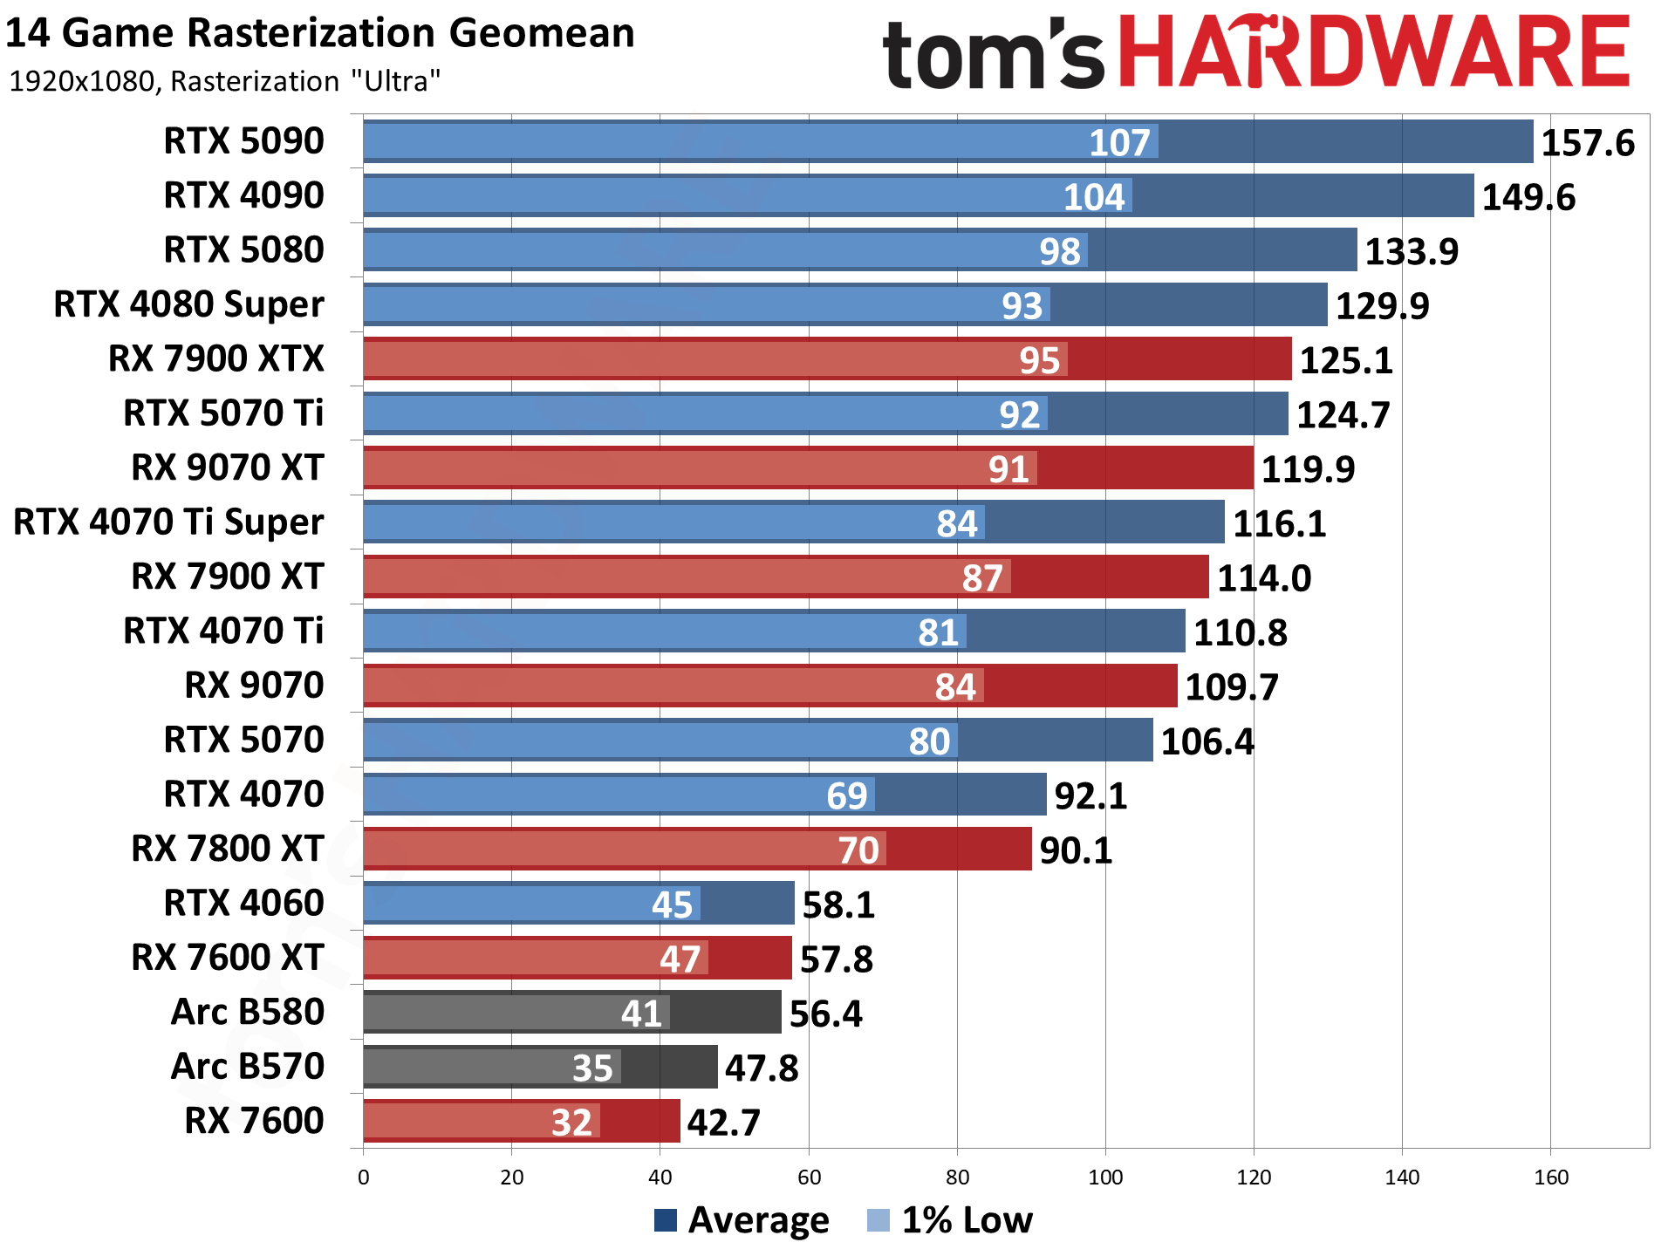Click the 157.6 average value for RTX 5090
coord(1587,143)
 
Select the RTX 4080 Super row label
coord(188,304)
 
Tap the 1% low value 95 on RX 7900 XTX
coord(1039,360)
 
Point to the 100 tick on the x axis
coord(1105,1177)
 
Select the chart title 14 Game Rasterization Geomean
coord(319,33)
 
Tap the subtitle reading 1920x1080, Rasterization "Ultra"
coord(224,81)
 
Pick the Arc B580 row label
coord(247,1012)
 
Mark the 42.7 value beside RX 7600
coord(723,1123)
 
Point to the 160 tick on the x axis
coord(1550,1177)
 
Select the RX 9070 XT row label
coord(227,468)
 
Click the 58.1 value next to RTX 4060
coord(837,904)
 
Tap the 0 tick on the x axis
coord(364,1177)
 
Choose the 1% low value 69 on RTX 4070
coord(846,795)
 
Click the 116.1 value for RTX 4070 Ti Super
coord(1278,523)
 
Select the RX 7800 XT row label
coord(227,849)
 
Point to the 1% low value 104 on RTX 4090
coord(1093,197)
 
